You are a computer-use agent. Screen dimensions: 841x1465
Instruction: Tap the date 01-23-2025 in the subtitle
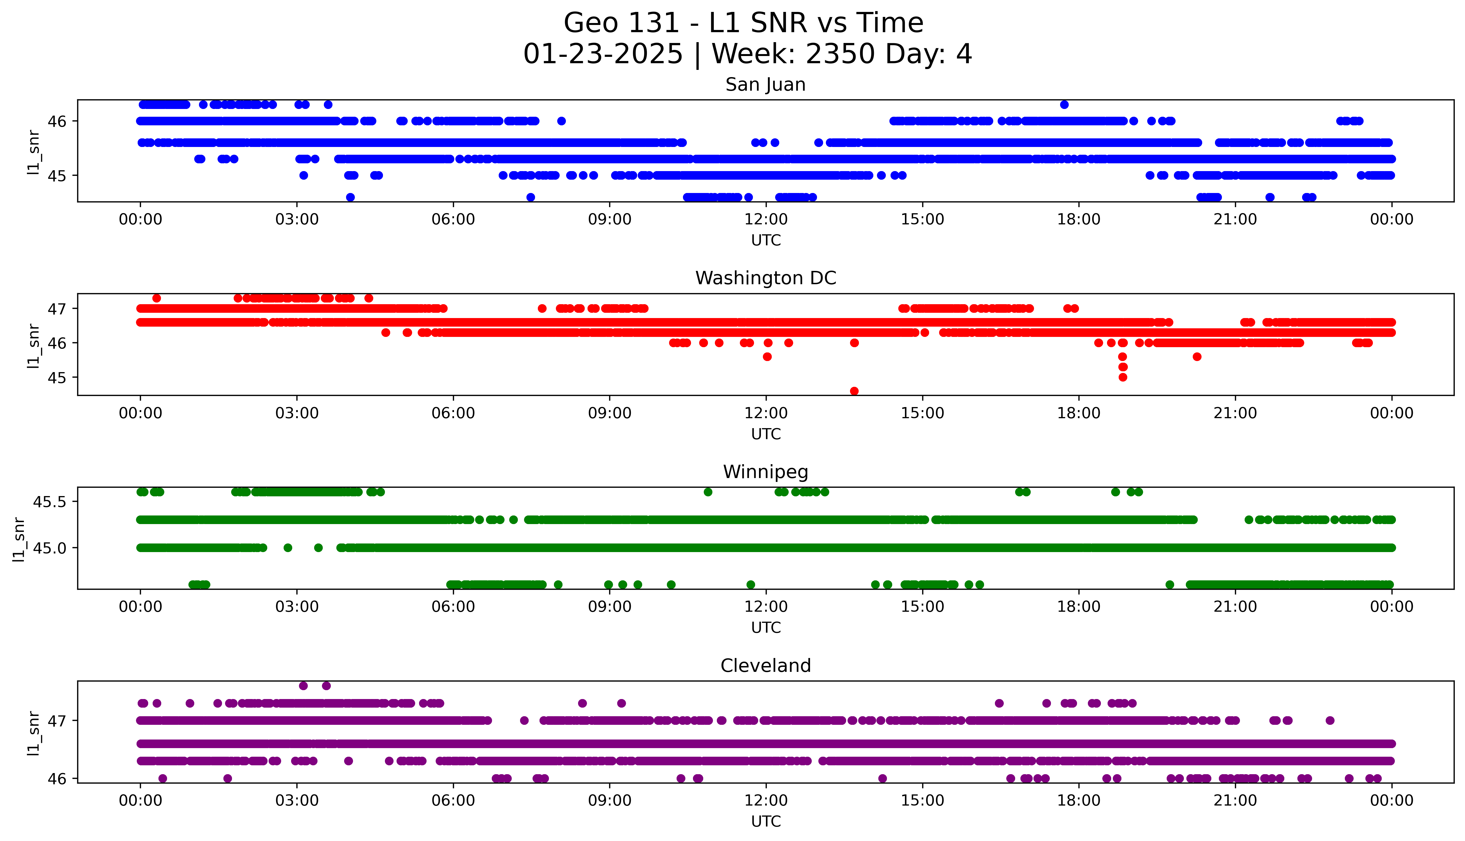[x=603, y=54]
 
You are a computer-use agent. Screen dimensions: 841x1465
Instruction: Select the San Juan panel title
[x=765, y=85]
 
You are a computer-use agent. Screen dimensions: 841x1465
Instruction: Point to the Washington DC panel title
[x=765, y=278]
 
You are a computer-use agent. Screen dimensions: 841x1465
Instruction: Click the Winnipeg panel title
[x=765, y=472]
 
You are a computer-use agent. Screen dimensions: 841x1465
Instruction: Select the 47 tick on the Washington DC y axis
[x=58, y=308]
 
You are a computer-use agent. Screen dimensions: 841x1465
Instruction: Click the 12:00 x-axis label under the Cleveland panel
[x=766, y=801]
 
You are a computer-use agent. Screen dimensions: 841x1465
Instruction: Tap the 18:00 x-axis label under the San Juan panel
[x=1078, y=220]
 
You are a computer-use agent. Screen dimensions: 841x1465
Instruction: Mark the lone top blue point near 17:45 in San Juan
[x=1064, y=105]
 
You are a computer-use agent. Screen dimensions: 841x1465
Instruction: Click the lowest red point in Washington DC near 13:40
[x=854, y=391]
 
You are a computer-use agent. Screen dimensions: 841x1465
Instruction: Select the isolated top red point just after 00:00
[x=156, y=298]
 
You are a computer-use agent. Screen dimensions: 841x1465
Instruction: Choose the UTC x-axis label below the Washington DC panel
[x=766, y=434]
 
